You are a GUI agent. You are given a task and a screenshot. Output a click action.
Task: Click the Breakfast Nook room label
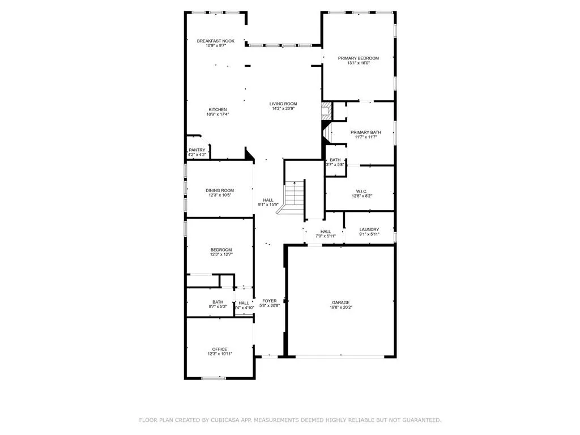click(x=215, y=41)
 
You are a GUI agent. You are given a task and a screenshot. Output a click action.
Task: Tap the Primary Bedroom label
click(x=358, y=58)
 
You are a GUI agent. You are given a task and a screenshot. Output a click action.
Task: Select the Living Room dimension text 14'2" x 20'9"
click(x=283, y=109)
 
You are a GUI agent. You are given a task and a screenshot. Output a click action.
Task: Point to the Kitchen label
click(x=217, y=109)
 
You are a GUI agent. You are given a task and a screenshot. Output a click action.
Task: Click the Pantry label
click(x=197, y=150)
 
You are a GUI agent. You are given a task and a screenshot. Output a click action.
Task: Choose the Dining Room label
click(x=220, y=190)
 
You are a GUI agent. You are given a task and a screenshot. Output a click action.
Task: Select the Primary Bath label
click(x=365, y=132)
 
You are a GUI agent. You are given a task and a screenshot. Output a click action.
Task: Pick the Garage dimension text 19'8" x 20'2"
click(x=340, y=308)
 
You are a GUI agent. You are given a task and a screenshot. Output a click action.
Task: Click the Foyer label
click(x=269, y=301)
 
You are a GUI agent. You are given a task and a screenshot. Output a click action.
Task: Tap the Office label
click(x=220, y=349)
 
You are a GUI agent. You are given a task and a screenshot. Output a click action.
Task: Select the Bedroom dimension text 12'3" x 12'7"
click(x=221, y=255)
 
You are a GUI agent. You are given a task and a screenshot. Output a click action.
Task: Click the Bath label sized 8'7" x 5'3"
click(x=218, y=302)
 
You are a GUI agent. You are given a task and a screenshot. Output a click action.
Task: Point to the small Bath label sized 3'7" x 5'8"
click(x=335, y=160)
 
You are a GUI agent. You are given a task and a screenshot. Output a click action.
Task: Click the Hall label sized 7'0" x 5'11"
click(x=326, y=231)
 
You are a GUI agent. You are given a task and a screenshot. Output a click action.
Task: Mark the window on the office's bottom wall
click(x=214, y=378)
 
